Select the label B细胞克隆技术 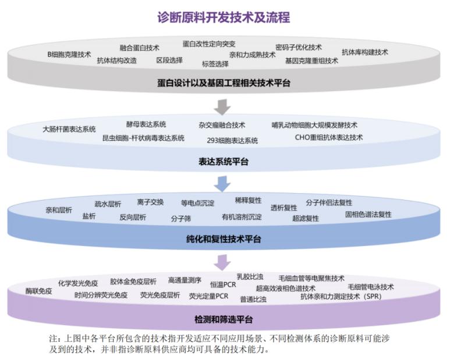click(69, 54)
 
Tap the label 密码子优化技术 click(298, 47)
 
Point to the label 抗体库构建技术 click(364, 52)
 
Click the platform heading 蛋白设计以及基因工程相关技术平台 click(224, 83)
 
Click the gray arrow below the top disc click(222, 107)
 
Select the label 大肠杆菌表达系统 click(69, 129)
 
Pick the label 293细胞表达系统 click(232, 140)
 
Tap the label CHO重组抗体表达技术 click(328, 138)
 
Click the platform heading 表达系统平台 click(224, 162)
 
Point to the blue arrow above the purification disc click(222, 184)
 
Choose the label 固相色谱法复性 click(368, 214)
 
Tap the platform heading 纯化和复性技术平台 click(224, 239)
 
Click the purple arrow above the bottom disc click(222, 262)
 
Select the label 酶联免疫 click(38, 291)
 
